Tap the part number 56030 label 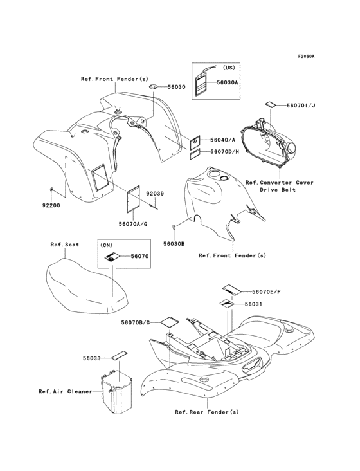[x=176, y=86]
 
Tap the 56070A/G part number [x=133, y=223]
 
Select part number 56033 [x=91, y=358]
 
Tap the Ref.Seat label [x=64, y=244]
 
